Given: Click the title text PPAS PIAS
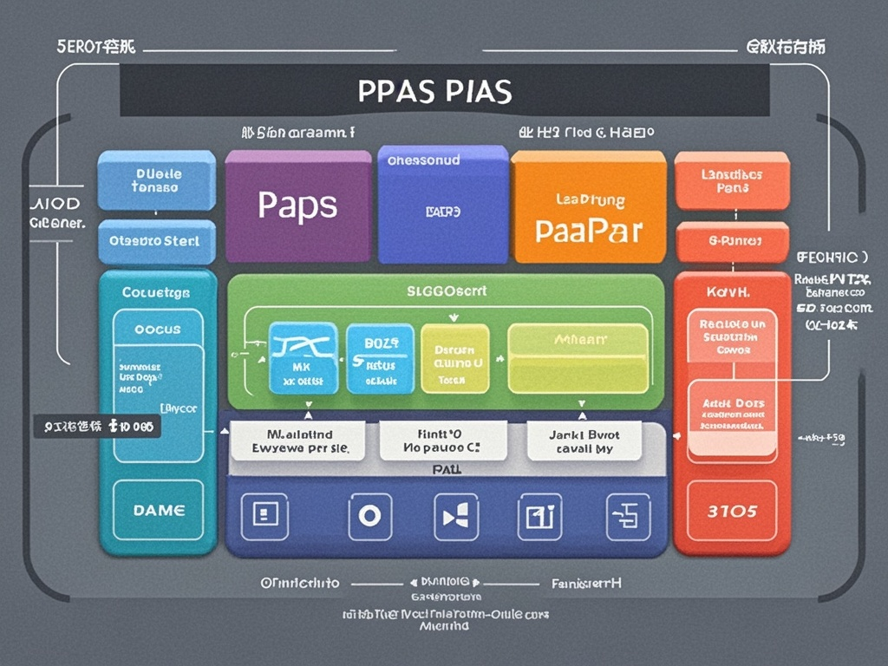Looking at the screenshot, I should pyautogui.click(x=434, y=90).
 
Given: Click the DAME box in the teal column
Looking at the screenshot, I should pyautogui.click(x=159, y=511).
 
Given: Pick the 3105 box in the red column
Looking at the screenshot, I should pyautogui.click(x=732, y=511).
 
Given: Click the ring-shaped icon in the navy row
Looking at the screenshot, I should pyautogui.click(x=369, y=515).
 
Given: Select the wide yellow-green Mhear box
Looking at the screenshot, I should pyautogui.click(x=578, y=358).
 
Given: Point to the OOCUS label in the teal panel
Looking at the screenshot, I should pyautogui.click(x=158, y=330).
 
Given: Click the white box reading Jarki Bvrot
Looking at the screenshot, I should pyautogui.click(x=584, y=441).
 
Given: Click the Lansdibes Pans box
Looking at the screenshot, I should pyautogui.click(x=732, y=180).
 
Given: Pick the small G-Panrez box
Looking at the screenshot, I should pyautogui.click(x=732, y=241).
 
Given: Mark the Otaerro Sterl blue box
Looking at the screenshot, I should pyautogui.click(x=156, y=241).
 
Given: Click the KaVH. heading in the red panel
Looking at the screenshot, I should pyautogui.click(x=732, y=292).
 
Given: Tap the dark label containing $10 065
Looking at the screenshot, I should pyautogui.click(x=97, y=426).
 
